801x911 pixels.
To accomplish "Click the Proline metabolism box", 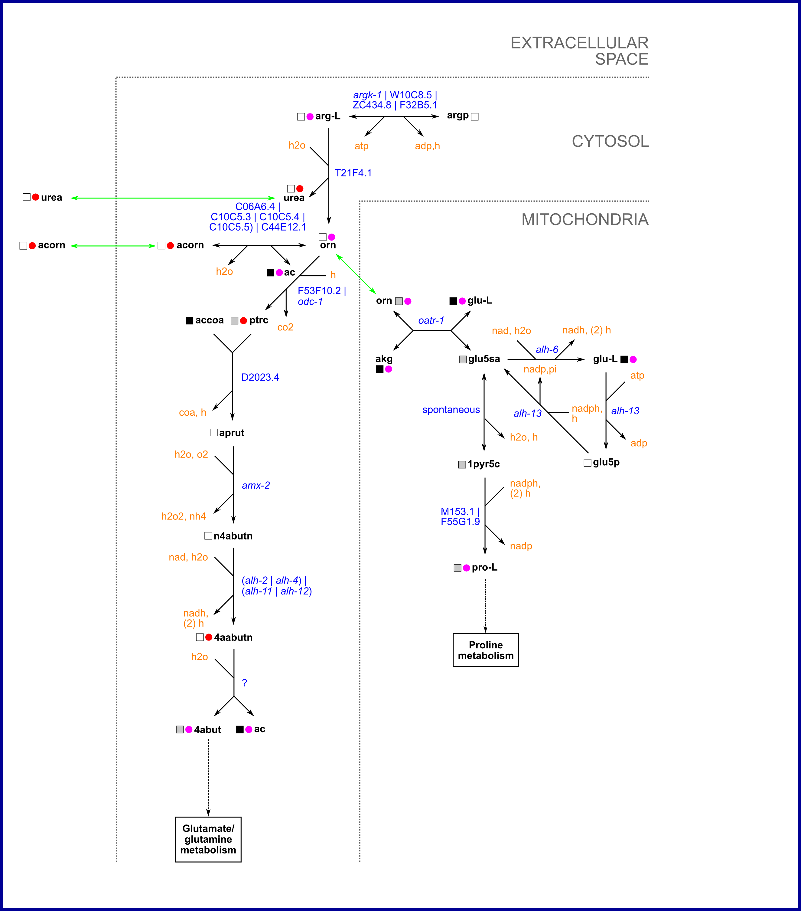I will point(486,650).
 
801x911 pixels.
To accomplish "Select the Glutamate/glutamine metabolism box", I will point(208,839).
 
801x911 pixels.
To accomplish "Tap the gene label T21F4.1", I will point(353,173).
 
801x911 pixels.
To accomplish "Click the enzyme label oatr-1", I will point(431,320).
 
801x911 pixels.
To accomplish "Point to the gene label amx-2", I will point(256,485).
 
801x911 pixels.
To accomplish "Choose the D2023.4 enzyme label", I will point(260,378).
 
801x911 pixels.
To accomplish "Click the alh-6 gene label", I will point(547,350).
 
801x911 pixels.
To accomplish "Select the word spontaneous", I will point(451,410).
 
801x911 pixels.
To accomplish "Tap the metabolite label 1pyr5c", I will point(484,464).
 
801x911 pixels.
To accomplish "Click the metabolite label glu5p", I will point(606,462).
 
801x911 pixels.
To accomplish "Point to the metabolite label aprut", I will point(232,433).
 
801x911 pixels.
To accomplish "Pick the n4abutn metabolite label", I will point(233,536).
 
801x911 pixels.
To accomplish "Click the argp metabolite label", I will point(457,116).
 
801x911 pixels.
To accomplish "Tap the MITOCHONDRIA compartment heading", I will point(584,220).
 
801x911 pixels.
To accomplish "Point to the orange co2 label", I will point(285,327).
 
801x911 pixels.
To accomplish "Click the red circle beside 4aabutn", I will point(209,637).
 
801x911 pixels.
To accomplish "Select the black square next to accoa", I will point(189,320).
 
